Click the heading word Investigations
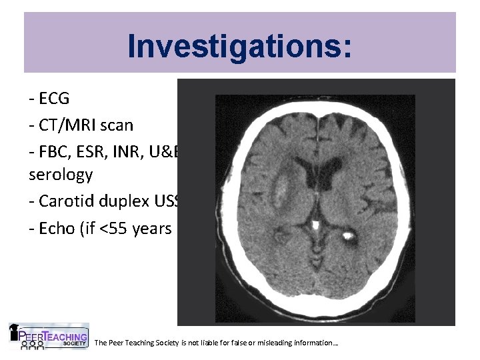[x=239, y=46]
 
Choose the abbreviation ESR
[x=90, y=151]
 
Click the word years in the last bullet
[x=150, y=228]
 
